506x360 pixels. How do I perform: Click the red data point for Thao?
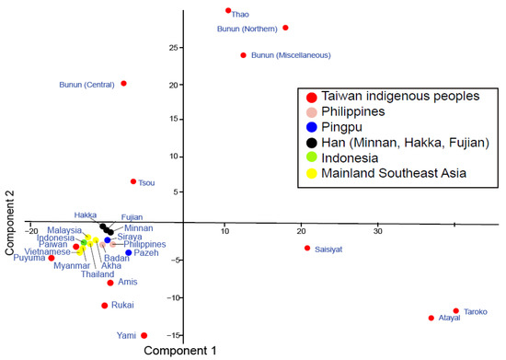click(x=228, y=11)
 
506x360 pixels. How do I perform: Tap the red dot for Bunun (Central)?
click(x=123, y=84)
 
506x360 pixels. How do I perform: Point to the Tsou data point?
click(x=133, y=181)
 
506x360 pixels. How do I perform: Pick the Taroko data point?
click(x=455, y=311)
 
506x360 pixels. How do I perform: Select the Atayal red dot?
click(x=431, y=318)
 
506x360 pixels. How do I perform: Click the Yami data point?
click(x=144, y=335)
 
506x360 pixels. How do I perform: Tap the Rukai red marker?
click(x=105, y=306)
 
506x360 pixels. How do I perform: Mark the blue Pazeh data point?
click(x=128, y=252)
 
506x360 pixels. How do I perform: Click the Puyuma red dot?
click(x=52, y=258)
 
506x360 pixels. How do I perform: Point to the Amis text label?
click(x=128, y=282)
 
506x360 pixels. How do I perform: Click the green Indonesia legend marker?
click(x=314, y=157)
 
